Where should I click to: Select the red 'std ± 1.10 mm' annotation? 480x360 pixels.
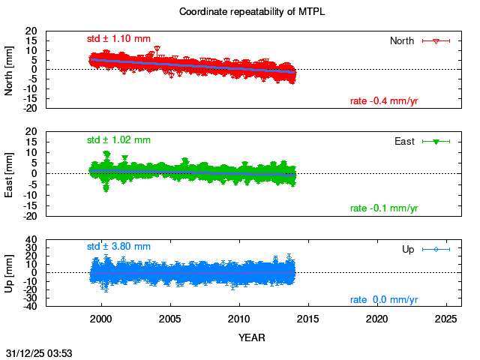(x=118, y=38)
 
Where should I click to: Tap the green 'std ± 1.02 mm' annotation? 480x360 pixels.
(x=118, y=139)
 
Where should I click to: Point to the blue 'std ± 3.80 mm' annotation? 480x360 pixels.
(x=118, y=246)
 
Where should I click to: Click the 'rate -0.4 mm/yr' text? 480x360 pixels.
(x=384, y=101)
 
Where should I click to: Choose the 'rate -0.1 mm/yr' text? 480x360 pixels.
(x=384, y=208)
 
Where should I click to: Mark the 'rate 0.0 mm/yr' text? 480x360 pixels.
(x=384, y=300)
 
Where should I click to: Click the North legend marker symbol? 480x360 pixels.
(x=436, y=40)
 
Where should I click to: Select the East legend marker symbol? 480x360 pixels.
(x=436, y=141)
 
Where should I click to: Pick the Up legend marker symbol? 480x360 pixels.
(x=436, y=249)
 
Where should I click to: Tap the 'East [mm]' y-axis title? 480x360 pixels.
(x=10, y=173)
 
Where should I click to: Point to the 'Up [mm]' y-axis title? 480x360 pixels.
(x=10, y=272)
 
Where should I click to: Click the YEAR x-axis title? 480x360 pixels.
(x=251, y=337)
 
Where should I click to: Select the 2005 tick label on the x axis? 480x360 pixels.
(x=170, y=319)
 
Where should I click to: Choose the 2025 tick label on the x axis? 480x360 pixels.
(x=447, y=319)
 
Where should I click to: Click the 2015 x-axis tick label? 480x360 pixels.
(x=309, y=319)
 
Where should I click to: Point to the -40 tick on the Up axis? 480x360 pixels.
(x=31, y=307)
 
